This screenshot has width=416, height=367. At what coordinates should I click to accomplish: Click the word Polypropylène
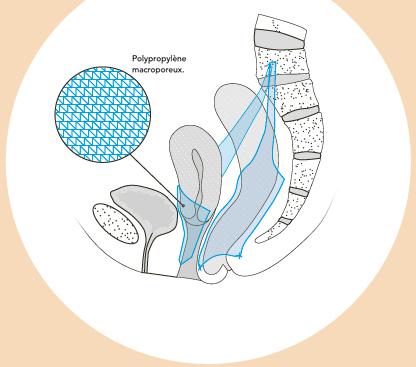[x=159, y=59]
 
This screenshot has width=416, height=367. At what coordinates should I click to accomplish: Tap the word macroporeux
[x=157, y=70]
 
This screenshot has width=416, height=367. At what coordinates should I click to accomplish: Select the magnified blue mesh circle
[x=103, y=114]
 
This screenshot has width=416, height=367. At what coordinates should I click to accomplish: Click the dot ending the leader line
[x=183, y=206]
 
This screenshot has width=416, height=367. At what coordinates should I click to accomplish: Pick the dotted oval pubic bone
[x=116, y=224]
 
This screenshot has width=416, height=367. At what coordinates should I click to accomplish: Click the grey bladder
[x=144, y=207]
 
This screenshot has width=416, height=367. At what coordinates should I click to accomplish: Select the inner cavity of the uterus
[x=198, y=183]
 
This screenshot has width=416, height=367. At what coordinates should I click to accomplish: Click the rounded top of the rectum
[x=233, y=90]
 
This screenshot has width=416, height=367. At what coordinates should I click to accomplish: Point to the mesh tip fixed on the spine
[x=272, y=63]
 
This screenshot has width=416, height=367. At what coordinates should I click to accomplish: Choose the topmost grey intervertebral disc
[x=280, y=39]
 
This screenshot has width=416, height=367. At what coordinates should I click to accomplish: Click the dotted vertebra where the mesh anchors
[x=283, y=62]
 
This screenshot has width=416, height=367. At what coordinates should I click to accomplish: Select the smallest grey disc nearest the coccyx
[x=284, y=221]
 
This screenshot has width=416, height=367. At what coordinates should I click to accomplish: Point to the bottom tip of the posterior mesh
[x=200, y=268]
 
